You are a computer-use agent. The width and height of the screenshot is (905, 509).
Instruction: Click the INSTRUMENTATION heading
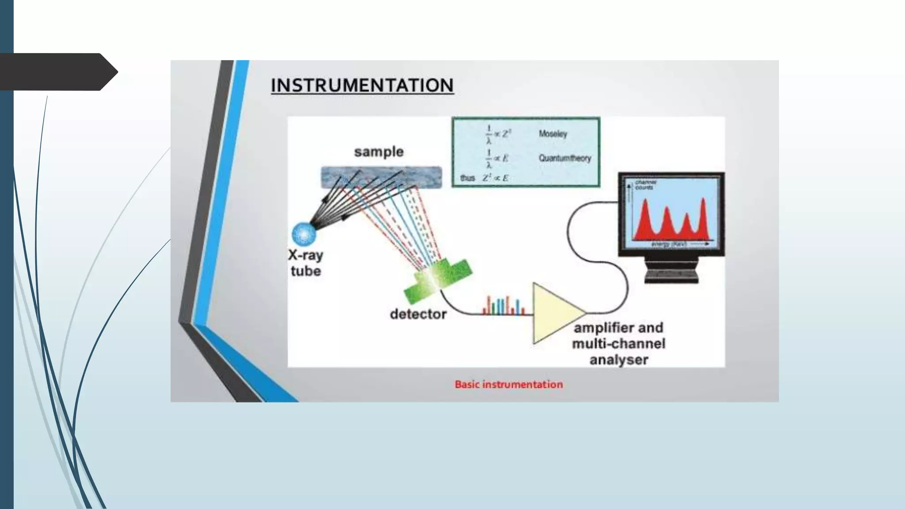(362, 85)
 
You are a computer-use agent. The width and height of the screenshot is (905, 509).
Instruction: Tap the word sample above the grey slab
(379, 152)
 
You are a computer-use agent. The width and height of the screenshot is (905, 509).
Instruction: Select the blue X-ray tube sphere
(304, 234)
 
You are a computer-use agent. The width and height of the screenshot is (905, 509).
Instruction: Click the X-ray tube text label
(305, 263)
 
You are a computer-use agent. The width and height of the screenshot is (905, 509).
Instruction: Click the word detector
(418, 314)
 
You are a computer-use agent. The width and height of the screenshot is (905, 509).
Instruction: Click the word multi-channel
(618, 344)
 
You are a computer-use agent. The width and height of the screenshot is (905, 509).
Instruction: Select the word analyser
(619, 360)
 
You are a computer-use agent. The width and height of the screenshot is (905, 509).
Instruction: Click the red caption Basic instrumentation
(509, 384)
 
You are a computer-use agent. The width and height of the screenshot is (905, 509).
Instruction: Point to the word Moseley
(552, 134)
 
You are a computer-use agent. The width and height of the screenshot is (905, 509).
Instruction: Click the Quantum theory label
(564, 158)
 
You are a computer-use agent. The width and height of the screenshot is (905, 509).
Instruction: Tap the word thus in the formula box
(467, 178)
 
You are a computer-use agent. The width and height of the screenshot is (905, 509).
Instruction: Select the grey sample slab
(381, 177)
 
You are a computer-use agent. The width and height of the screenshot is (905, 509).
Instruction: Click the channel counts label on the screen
(645, 185)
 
